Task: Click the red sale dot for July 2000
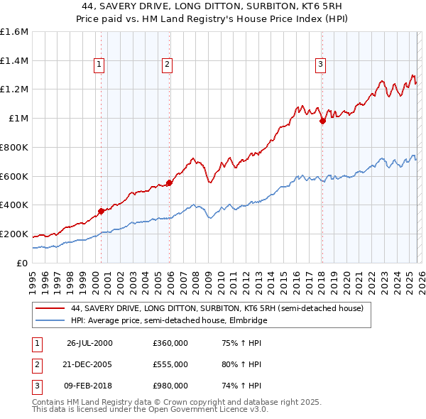pyautogui.click(x=102, y=210)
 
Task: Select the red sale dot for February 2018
pyautogui.click(x=322, y=121)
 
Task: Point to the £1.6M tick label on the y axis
pyautogui.click(x=14, y=32)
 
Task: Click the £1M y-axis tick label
pyautogui.click(x=18, y=119)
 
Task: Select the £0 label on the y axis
pyautogui.click(x=23, y=263)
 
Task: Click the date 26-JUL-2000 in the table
pyautogui.click(x=89, y=343)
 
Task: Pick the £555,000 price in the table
pyautogui.click(x=170, y=364)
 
